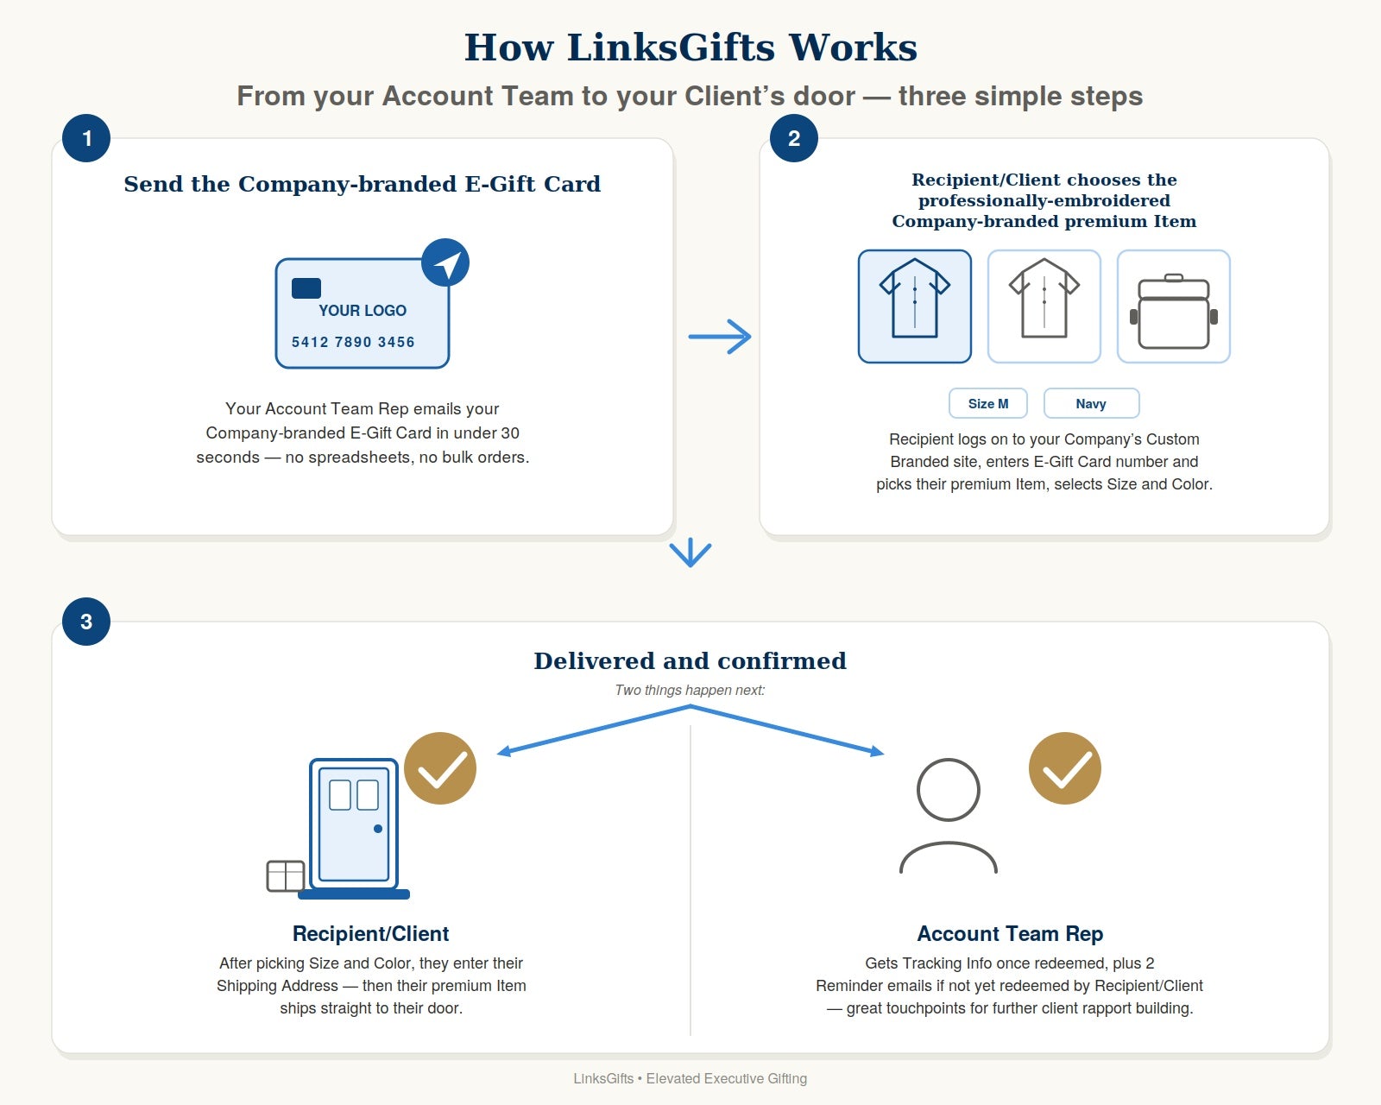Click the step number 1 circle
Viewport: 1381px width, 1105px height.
86,138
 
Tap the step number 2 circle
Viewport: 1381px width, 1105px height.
794,138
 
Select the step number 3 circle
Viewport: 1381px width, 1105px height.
86,622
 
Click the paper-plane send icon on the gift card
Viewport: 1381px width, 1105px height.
445,262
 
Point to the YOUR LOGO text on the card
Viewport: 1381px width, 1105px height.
363,311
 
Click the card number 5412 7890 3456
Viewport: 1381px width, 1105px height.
353,342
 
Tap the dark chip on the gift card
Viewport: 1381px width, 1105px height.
306,288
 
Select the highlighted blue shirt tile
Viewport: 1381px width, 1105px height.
914,306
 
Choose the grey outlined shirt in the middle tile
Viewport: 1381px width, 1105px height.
1044,299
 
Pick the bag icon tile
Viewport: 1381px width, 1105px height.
1174,306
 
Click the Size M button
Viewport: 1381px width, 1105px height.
988,404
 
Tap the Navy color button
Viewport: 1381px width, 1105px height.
1092,404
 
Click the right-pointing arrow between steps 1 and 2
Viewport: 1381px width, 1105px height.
719,337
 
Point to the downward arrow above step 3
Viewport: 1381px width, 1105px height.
690,552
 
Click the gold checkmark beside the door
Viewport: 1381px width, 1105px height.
440,768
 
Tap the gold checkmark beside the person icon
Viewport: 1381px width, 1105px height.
1064,768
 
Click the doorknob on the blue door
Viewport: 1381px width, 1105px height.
378,829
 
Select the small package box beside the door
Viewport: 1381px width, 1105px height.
286,875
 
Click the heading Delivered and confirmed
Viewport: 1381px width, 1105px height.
690,661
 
